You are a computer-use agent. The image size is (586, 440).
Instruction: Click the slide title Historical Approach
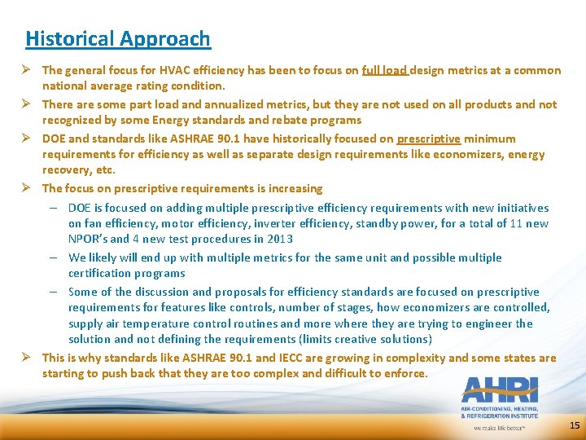pyautogui.click(x=118, y=38)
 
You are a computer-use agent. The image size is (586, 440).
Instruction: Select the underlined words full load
pyautogui.click(x=385, y=70)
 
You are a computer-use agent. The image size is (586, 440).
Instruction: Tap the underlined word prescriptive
pyautogui.click(x=428, y=139)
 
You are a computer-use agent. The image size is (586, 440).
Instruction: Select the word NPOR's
pyautogui.click(x=87, y=239)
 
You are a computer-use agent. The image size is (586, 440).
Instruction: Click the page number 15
pyautogui.click(x=575, y=425)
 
